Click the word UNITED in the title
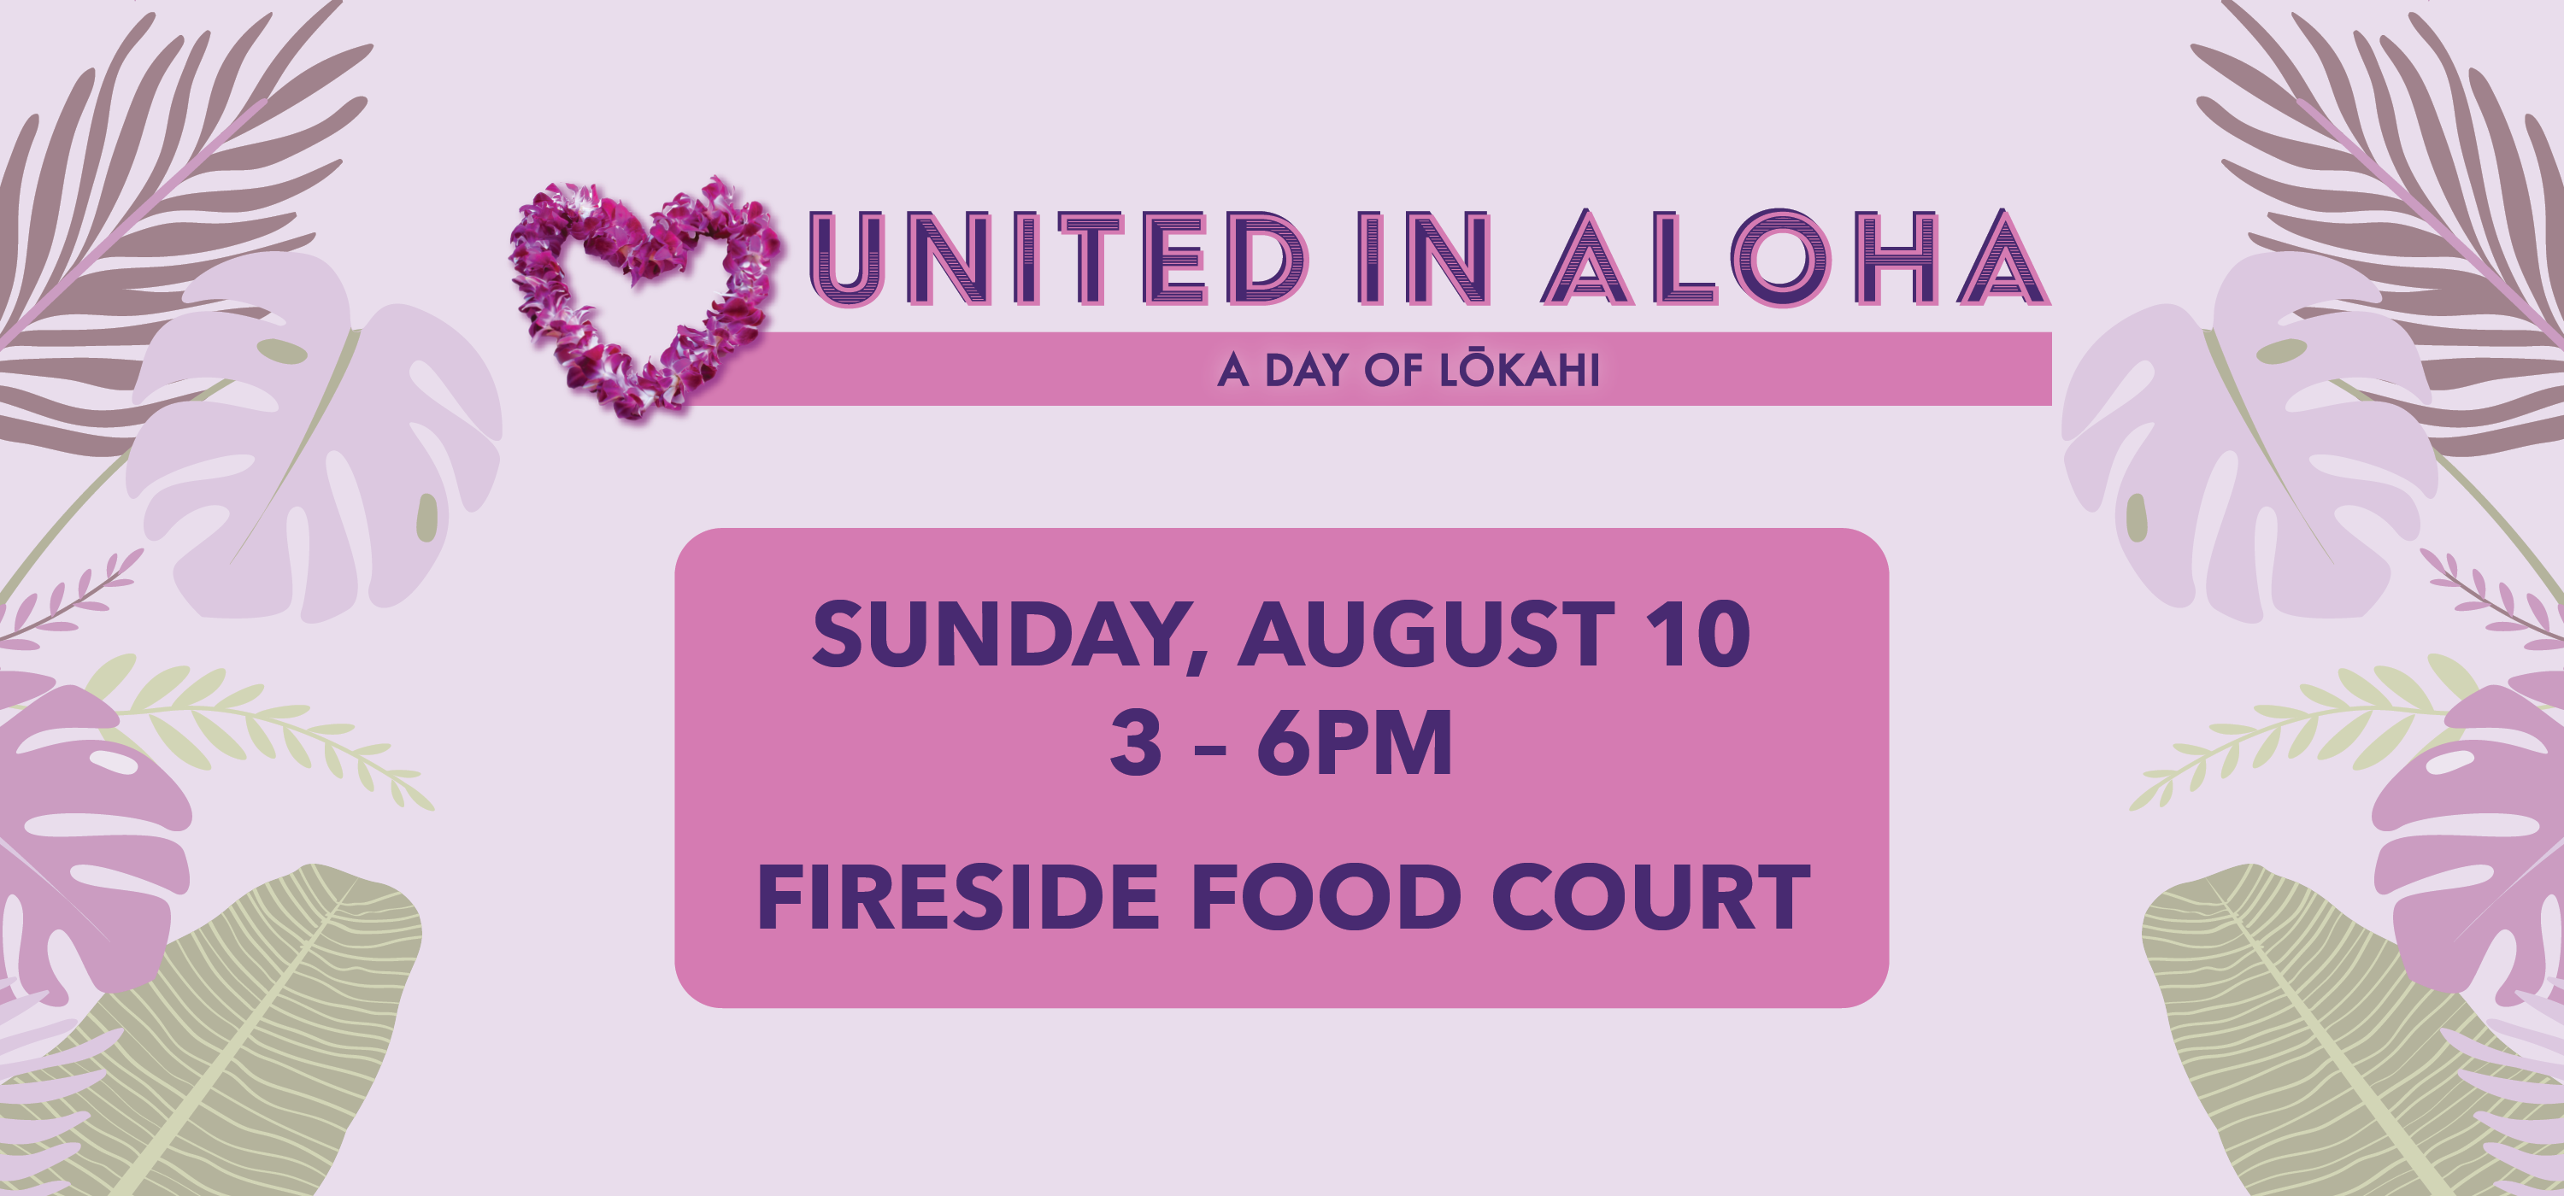coord(1057,258)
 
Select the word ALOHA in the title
coord(1795,258)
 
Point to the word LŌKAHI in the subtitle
coord(1519,369)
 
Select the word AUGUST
coord(1426,634)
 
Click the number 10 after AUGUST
coord(1697,634)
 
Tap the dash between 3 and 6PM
coord(1209,747)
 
